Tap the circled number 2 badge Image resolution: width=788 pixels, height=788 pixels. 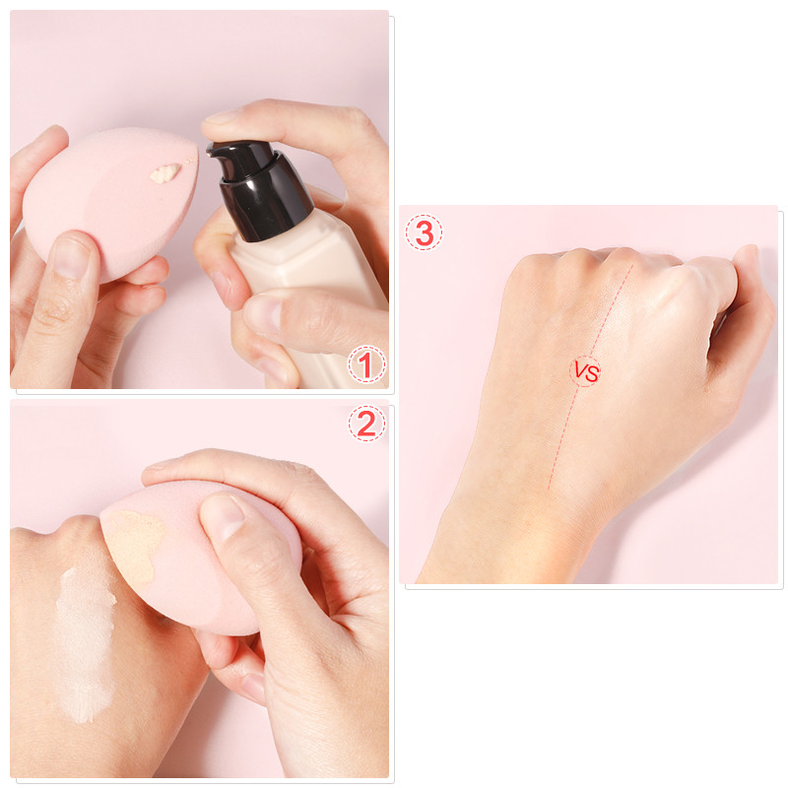click(365, 424)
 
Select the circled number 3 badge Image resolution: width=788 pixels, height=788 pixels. click(424, 232)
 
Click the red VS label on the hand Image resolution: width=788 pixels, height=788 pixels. click(586, 372)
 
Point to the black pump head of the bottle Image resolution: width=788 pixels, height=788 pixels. click(244, 167)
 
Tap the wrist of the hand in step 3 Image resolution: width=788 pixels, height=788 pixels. click(502, 532)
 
